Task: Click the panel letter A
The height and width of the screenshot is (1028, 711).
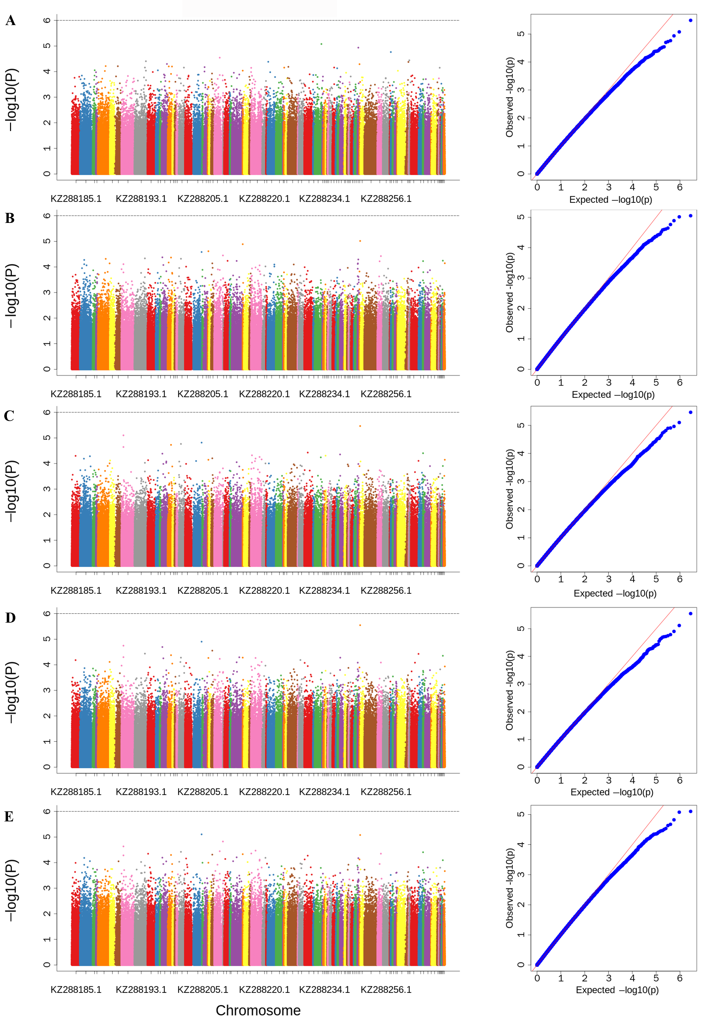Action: coord(10,20)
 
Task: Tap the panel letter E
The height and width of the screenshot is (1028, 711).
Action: coord(9,816)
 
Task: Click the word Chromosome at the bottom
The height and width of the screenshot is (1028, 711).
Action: coord(258,1010)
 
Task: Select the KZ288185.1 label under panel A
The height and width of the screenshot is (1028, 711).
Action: coord(76,199)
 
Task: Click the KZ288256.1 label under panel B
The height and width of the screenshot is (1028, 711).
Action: coord(386,394)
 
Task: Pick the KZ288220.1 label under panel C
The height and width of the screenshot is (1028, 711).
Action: coord(264,591)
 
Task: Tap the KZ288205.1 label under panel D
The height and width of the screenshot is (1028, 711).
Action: coord(203,792)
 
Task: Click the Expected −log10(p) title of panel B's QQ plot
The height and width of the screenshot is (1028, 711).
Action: coord(613,395)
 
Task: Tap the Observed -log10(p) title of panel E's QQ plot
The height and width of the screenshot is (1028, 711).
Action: coord(509,888)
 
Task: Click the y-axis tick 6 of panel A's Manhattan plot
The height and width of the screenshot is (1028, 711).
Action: coord(47,20)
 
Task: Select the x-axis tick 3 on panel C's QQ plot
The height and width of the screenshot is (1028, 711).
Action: coord(608,579)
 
